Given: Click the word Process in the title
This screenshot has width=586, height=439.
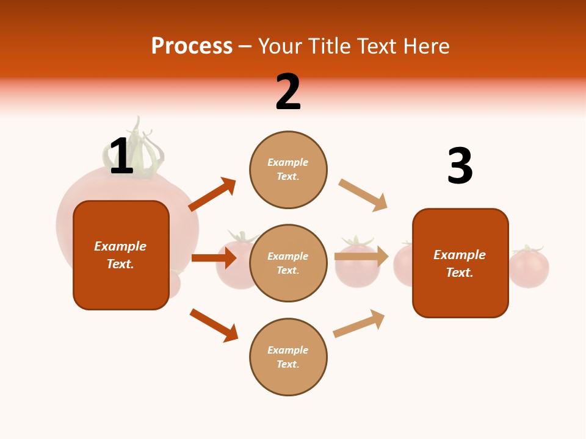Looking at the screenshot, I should (x=192, y=46).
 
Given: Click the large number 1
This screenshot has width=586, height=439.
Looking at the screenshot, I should (x=121, y=156).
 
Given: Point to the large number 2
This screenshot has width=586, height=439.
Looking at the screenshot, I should (x=288, y=92).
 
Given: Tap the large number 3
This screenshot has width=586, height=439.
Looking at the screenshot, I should (x=460, y=166).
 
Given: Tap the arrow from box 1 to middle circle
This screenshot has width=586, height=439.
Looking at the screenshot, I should (x=214, y=258).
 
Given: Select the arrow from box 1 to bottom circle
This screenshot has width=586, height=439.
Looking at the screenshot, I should (x=214, y=325).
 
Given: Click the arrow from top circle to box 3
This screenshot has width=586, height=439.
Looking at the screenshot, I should (x=363, y=195).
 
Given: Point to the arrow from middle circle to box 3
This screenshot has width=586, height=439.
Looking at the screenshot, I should (x=361, y=257).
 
